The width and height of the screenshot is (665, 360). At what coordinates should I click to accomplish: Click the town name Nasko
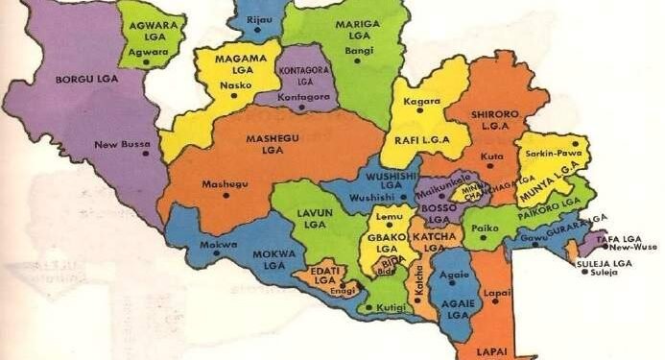[231, 84]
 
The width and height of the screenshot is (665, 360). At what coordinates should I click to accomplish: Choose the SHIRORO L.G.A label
[495, 119]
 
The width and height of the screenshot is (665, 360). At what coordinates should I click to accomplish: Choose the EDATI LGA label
[327, 267]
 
